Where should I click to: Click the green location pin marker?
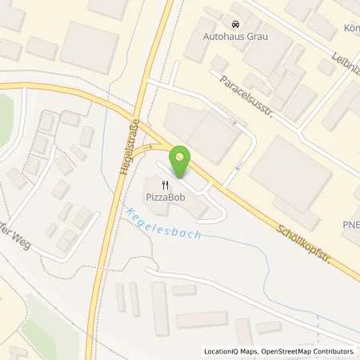click(x=182, y=162)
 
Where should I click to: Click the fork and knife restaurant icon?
click(x=164, y=185)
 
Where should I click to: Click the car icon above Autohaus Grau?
click(x=235, y=24)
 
